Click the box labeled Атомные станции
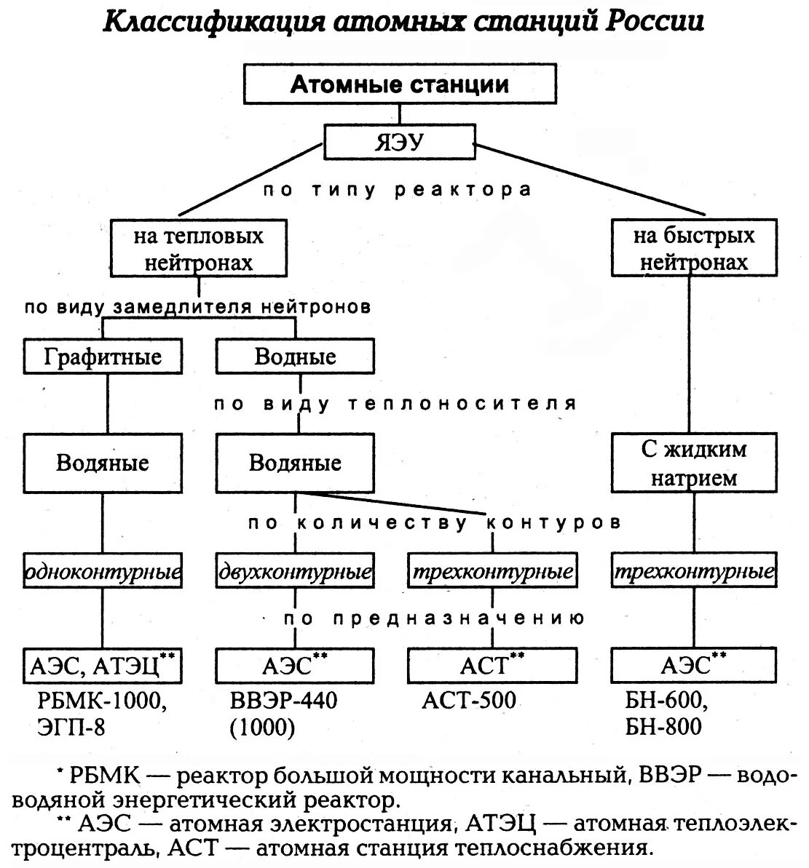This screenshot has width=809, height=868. (400, 84)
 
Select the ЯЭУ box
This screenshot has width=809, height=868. (399, 142)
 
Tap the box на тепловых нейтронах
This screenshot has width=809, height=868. (198, 249)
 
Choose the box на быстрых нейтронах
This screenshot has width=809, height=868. (693, 249)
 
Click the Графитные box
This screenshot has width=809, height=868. (103, 357)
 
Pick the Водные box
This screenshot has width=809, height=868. (295, 357)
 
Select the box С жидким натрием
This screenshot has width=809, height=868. (693, 463)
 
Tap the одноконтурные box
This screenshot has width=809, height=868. (103, 573)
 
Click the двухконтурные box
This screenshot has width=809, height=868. (295, 573)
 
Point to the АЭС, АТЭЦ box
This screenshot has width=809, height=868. (103, 665)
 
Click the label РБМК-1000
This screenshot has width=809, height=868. (103, 701)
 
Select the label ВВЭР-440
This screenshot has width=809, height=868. (284, 701)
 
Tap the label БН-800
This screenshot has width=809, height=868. (663, 726)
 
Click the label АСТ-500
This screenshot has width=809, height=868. (469, 701)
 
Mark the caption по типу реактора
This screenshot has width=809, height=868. (398, 191)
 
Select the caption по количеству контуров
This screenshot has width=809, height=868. (434, 523)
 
